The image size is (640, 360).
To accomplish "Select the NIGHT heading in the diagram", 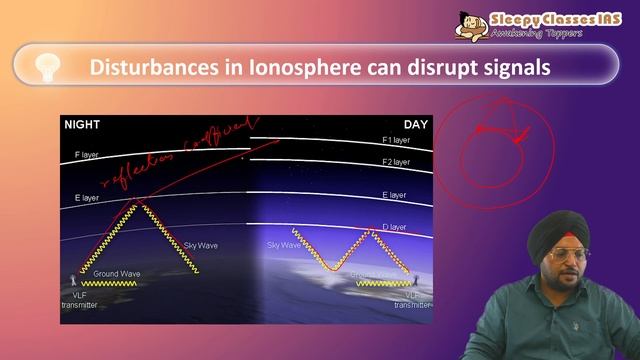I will point(83,125).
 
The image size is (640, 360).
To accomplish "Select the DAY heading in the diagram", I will point(416,125).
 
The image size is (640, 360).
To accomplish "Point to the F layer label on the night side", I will point(91,155).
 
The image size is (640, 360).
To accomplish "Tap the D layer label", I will point(396,229).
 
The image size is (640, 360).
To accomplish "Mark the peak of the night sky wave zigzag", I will point(139,202).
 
